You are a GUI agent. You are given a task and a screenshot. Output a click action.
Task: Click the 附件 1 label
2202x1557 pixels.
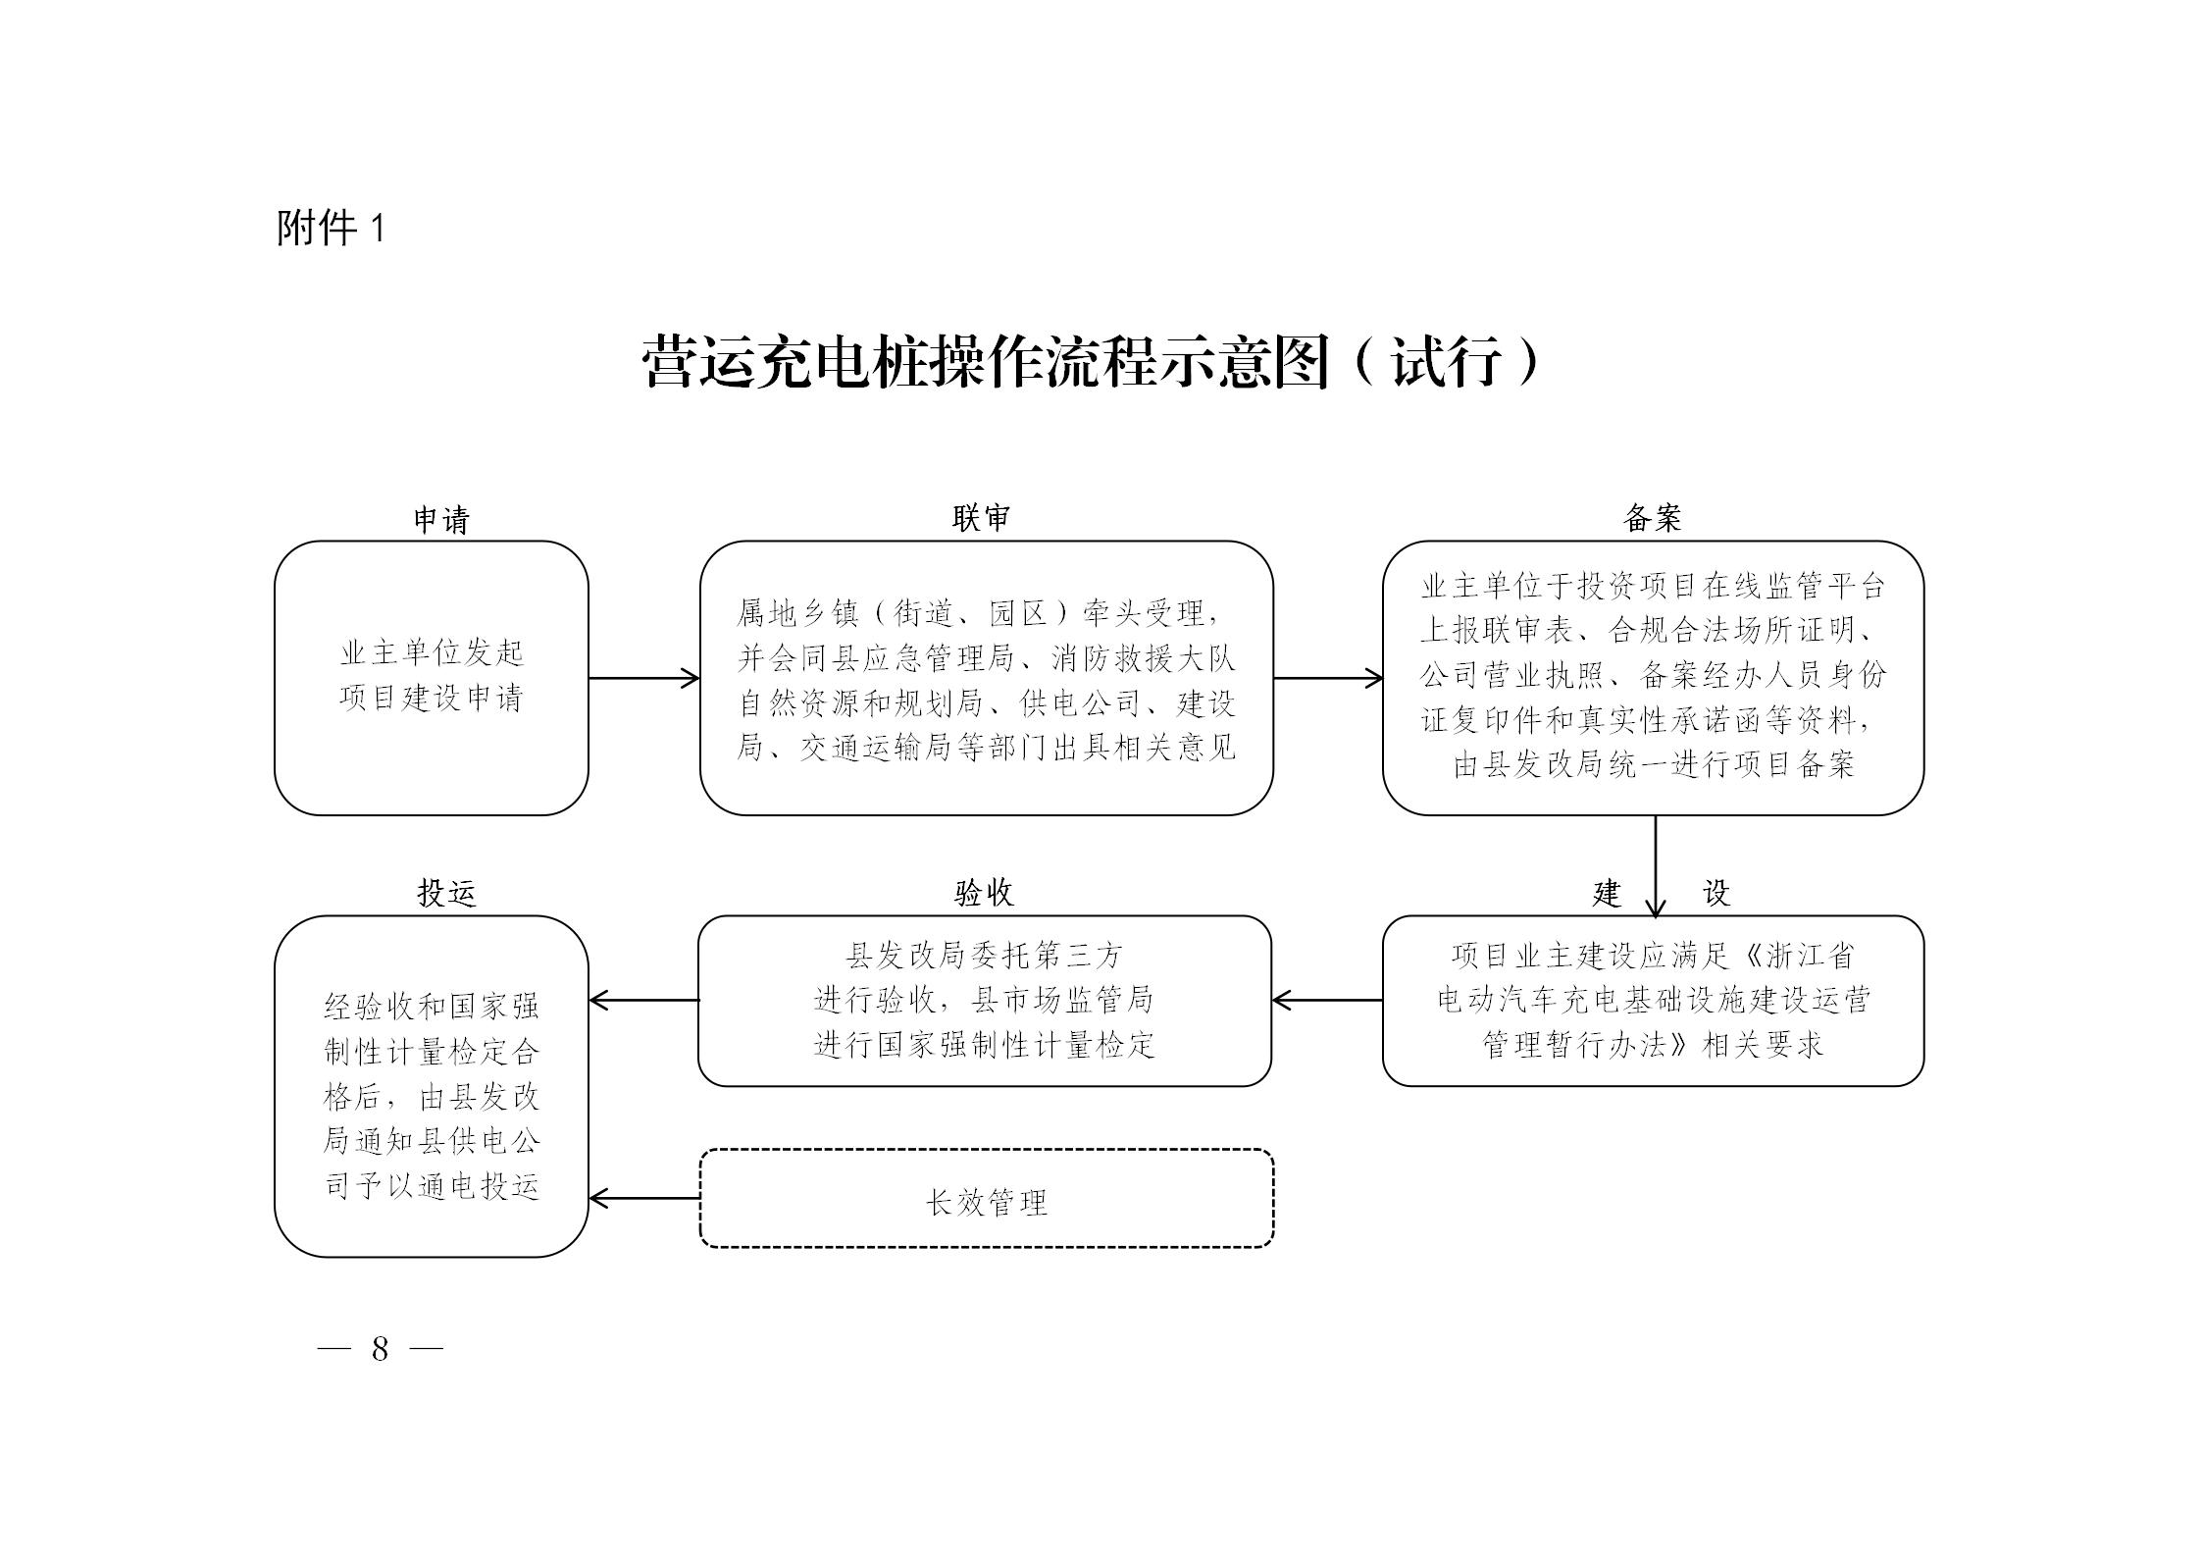pyautogui.click(x=331, y=229)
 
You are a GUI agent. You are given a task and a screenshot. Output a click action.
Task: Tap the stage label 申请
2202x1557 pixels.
pyautogui.click(x=441, y=519)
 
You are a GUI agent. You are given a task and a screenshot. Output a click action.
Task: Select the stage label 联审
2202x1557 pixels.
pyautogui.click(x=981, y=518)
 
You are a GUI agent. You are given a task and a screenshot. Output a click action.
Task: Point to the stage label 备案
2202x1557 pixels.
pyautogui.click(x=1653, y=518)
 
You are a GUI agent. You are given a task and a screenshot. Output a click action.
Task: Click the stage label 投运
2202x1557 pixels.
pyautogui.click(x=446, y=893)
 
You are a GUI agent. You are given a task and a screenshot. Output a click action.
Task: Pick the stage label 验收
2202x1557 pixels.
pyautogui.click(x=984, y=893)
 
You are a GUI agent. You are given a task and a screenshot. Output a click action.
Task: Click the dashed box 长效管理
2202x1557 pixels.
pyautogui.click(x=987, y=1198)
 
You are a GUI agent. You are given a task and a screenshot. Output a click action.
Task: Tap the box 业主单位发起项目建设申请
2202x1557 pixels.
pyautogui.click(x=432, y=678)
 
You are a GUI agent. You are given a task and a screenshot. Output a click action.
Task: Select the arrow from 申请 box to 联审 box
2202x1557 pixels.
pyautogui.click(x=643, y=678)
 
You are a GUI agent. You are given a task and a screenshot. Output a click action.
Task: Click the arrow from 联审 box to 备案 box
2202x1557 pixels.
pyautogui.click(x=1328, y=678)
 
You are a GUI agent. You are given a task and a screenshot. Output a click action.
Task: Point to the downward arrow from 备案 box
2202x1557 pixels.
pyautogui.click(x=1656, y=866)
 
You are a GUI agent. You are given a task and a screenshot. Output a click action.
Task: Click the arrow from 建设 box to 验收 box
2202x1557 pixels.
pyautogui.click(x=1327, y=1001)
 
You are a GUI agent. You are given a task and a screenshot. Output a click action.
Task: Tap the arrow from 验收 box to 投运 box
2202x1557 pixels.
pyautogui.click(x=643, y=1001)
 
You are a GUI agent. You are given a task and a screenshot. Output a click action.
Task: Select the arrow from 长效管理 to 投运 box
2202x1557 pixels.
pyautogui.click(x=644, y=1198)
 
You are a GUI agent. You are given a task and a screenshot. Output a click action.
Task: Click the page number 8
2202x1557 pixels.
pyautogui.click(x=381, y=1349)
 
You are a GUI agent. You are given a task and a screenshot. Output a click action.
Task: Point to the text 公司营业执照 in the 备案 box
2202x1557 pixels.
pyautogui.click(x=1511, y=675)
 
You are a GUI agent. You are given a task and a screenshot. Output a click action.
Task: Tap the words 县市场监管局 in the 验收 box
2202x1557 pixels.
pyautogui.click(x=1062, y=1000)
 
